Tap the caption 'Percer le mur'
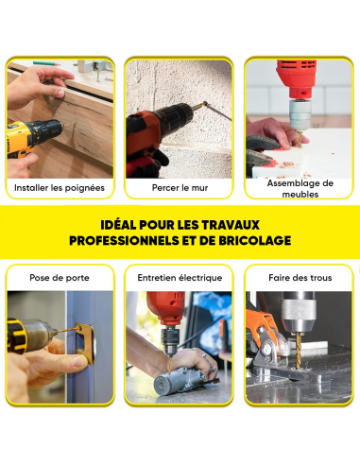180,188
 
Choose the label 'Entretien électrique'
180,278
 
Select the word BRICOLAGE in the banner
255,242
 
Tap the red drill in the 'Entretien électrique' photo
165,312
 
